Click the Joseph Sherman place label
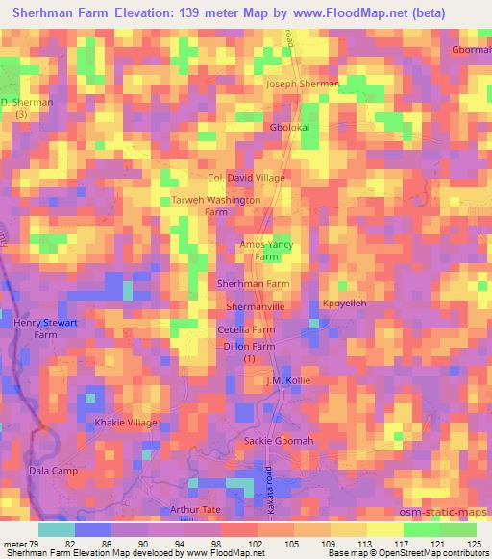click(303, 84)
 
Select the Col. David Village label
click(247, 178)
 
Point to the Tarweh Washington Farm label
click(215, 206)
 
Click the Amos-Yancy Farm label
click(266, 252)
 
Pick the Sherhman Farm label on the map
click(254, 284)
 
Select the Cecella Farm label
click(247, 329)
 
